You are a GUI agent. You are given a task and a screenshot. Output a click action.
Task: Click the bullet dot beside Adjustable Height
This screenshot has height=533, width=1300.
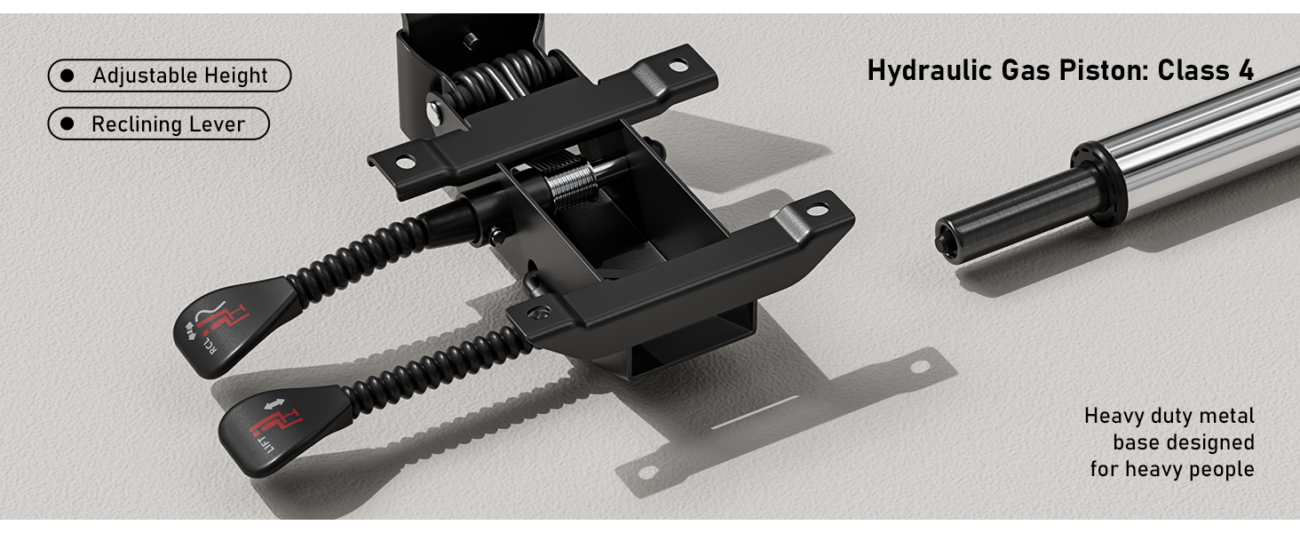coord(67,76)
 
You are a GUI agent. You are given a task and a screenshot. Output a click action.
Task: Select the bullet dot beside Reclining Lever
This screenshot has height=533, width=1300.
coord(67,123)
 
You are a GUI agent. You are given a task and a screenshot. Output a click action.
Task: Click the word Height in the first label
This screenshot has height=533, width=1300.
coord(235,76)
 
